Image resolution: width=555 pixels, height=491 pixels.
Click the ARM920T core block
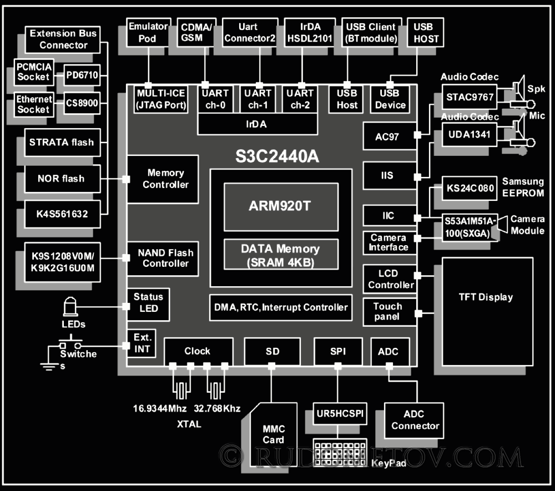click(x=281, y=206)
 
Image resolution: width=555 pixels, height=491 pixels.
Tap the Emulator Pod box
click(x=148, y=32)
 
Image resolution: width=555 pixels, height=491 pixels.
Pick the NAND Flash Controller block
click(x=165, y=258)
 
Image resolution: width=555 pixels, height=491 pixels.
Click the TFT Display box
click(x=486, y=297)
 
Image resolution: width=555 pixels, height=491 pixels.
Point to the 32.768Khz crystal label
click(x=217, y=409)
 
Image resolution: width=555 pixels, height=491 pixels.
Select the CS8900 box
click(x=82, y=103)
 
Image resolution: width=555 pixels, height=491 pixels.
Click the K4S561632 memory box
click(x=62, y=212)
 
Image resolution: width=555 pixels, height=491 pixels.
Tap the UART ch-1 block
click(x=258, y=99)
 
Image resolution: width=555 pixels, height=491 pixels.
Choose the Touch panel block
click(x=388, y=311)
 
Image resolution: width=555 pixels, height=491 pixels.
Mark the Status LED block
click(x=148, y=302)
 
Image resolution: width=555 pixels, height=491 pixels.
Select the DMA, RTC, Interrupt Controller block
click(x=281, y=307)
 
